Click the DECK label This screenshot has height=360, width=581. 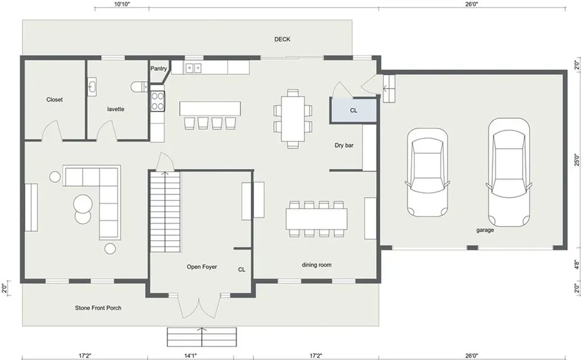point(282,39)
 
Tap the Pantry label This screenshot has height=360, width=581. point(159,69)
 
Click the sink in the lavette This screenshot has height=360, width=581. point(92,87)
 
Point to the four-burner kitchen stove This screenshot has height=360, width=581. point(158,101)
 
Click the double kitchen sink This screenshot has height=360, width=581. point(193,68)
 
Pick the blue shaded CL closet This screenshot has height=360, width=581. point(354,110)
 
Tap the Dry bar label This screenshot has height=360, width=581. point(344,145)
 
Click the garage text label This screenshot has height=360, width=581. point(485,230)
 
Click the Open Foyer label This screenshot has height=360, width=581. point(201,266)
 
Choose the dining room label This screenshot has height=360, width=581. point(317,265)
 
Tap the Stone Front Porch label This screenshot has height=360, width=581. point(98,308)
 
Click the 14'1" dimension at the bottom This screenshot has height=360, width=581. point(191,355)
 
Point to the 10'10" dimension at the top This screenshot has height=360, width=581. point(122,5)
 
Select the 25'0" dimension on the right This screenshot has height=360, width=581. point(576,160)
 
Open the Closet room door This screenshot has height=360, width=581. point(52,131)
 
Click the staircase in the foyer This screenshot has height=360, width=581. point(165,211)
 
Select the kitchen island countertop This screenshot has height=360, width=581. point(210,108)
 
